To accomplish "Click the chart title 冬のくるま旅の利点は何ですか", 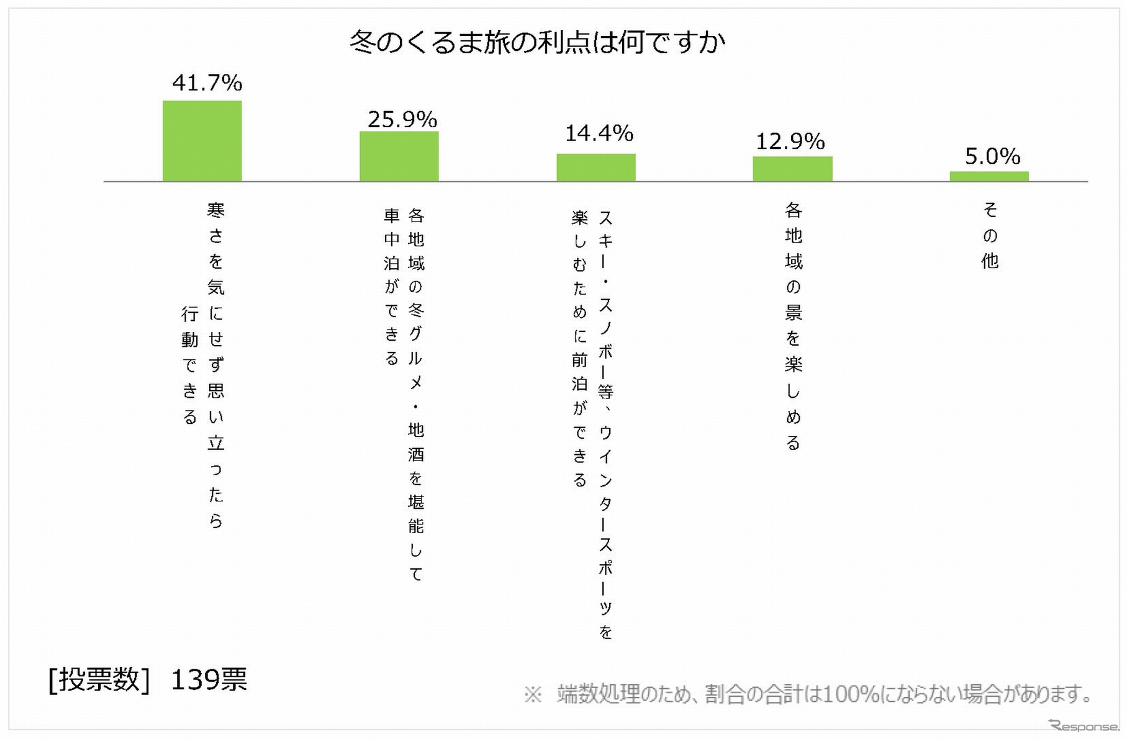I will point(537,42).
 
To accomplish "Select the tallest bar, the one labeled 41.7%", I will point(202,141).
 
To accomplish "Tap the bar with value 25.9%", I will point(399,156).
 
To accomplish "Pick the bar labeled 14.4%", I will point(595,168).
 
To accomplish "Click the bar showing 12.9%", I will point(792,169).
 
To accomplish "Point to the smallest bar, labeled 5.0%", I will point(989,176).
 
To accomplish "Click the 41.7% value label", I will point(207,83).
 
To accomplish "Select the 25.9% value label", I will point(402,119).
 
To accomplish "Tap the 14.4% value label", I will point(599,133).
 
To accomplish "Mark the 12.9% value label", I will point(790,141).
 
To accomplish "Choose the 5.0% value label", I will point(992,156).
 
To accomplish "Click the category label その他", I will point(990,235).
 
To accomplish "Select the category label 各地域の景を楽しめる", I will point(793,326).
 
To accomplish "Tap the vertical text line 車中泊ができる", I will point(391,287).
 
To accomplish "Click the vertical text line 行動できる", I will point(190,365).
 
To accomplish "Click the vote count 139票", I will point(209,679).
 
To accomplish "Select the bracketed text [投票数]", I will point(99,679).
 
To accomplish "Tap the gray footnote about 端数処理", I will point(807,694).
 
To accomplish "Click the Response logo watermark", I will point(1084,725).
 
